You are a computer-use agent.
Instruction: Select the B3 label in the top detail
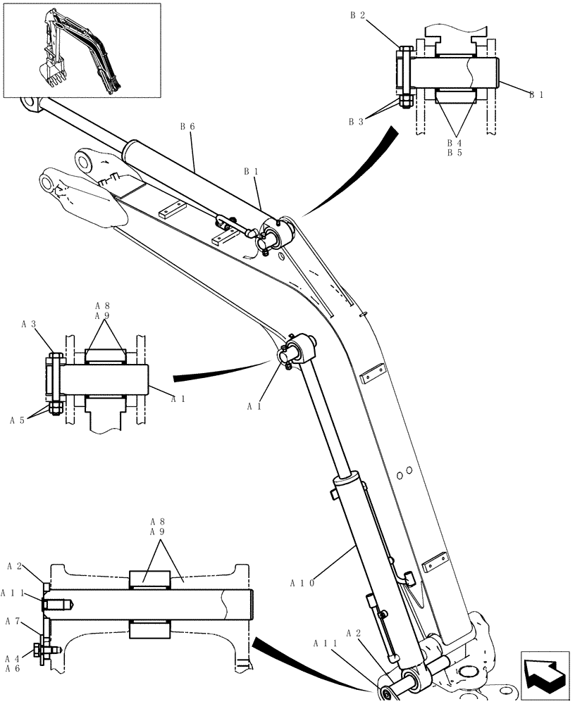(355, 122)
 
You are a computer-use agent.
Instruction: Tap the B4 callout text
(455, 143)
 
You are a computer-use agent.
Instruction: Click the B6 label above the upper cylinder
(187, 126)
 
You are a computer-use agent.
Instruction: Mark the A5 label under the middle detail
(18, 420)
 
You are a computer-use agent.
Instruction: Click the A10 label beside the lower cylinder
(302, 582)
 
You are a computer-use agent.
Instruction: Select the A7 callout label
(13, 622)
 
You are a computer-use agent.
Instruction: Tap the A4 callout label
(13, 659)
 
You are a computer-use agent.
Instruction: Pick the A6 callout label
(13, 669)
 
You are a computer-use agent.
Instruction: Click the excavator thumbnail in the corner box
(81, 50)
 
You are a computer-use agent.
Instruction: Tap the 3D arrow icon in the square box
(545, 676)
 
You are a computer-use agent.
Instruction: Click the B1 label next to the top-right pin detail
(536, 95)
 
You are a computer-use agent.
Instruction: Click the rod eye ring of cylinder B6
(32, 105)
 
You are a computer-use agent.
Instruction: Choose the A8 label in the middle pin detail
(103, 306)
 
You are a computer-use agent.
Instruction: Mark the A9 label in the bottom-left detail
(158, 532)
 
